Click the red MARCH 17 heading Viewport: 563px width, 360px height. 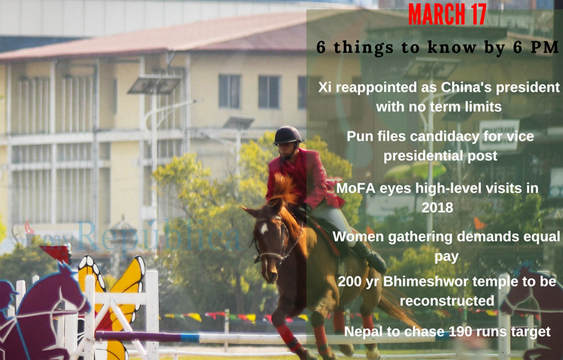(447, 14)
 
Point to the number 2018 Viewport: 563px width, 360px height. (437, 206)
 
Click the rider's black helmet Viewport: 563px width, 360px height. (287, 135)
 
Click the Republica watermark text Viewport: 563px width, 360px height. (158, 235)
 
